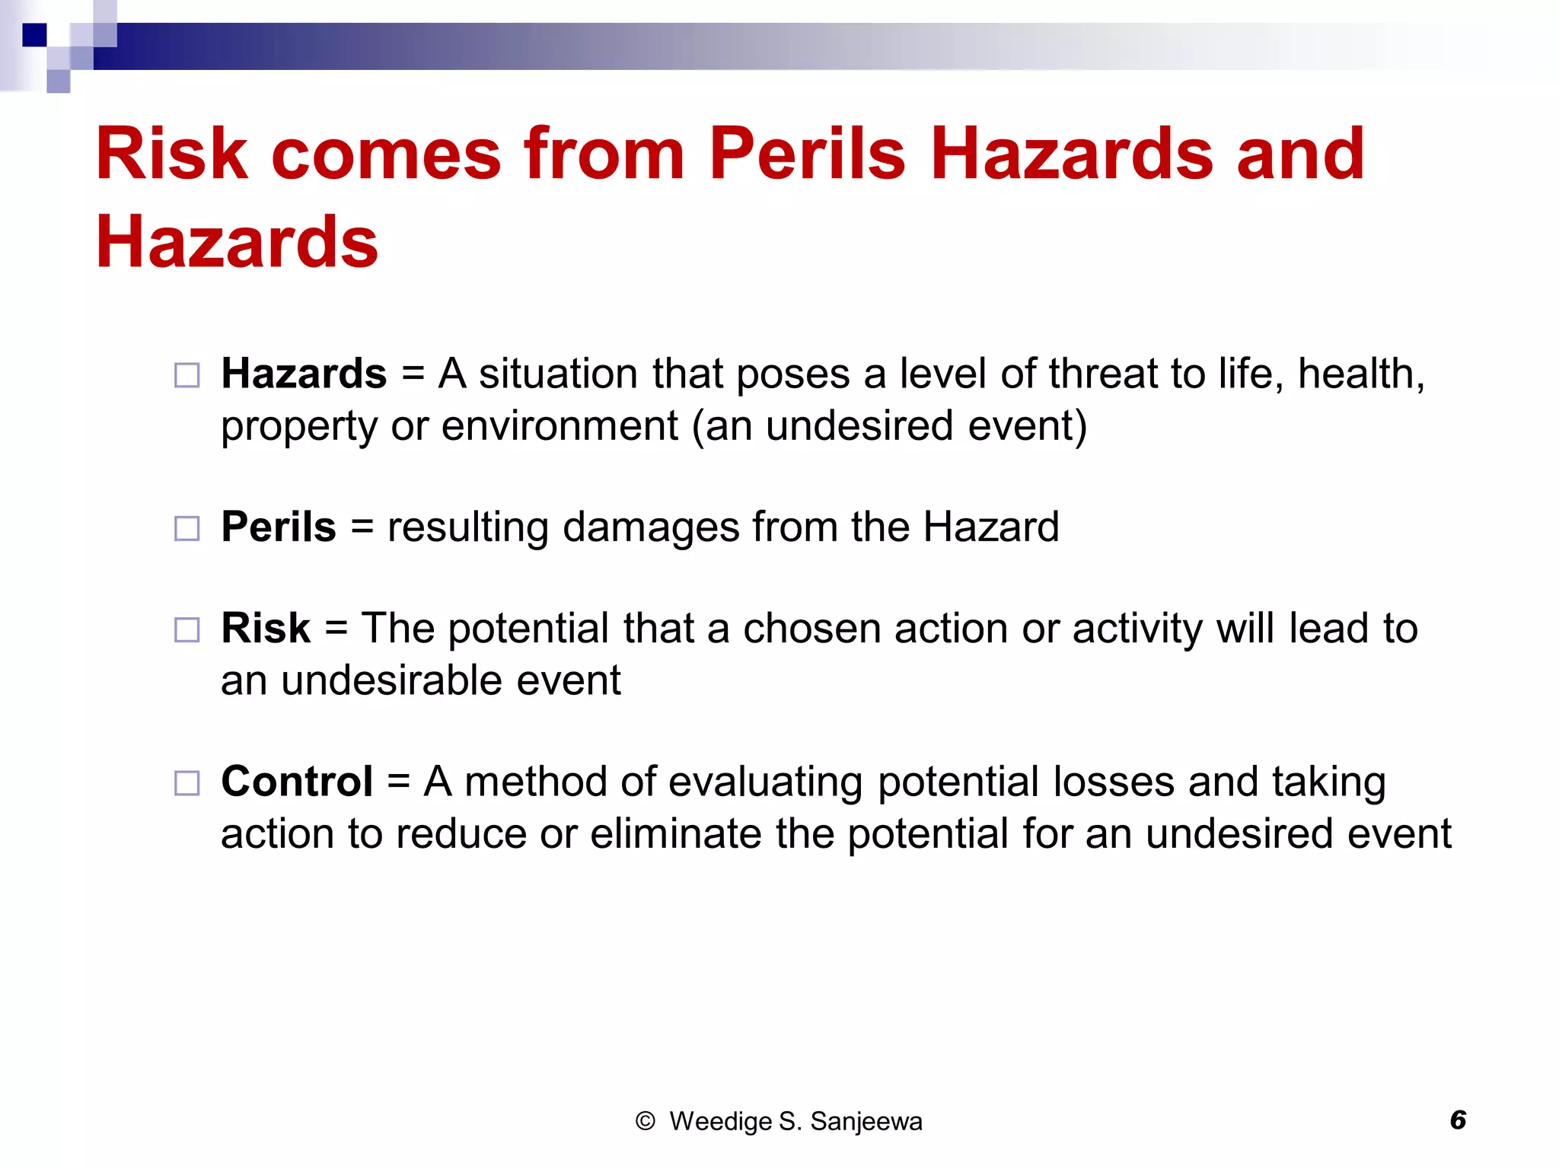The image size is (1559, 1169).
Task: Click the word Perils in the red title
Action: click(807, 154)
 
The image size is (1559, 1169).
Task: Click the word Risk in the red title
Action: click(172, 154)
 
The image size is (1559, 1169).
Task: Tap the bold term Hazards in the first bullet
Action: click(304, 374)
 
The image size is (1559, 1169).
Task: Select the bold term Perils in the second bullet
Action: click(279, 527)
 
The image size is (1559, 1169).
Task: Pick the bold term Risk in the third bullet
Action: click(266, 629)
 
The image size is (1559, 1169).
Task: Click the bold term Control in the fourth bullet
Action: click(297, 782)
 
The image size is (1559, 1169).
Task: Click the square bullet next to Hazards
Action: click(187, 375)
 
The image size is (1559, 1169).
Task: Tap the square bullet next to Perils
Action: click(187, 528)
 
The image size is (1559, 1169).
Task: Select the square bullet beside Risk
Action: click(187, 630)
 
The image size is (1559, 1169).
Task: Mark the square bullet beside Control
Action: click(187, 783)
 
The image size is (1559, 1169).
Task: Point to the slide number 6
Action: click(1458, 1120)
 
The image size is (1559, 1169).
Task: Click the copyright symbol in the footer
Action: click(645, 1121)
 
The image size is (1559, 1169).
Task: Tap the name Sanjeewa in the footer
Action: click(866, 1121)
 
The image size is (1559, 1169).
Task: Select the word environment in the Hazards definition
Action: click(560, 425)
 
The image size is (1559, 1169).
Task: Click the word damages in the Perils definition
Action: click(651, 527)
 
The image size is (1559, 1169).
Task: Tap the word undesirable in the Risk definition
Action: click(392, 680)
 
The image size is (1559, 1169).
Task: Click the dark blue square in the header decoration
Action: click(34, 35)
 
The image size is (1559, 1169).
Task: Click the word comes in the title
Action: click(386, 154)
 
